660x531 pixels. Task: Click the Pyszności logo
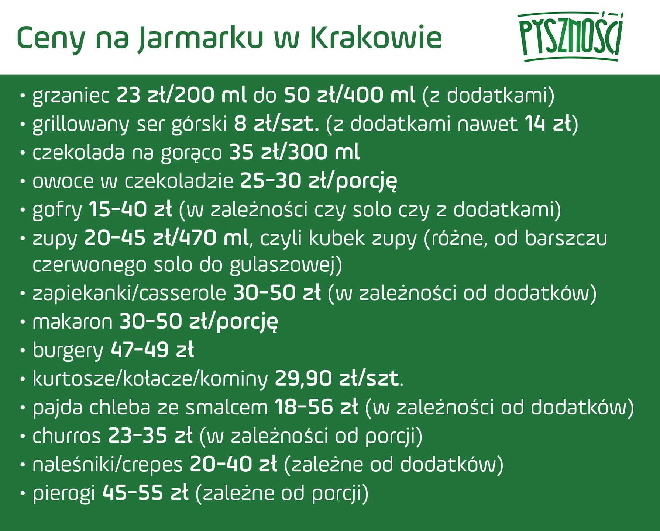coord(570,37)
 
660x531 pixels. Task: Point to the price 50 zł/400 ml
coord(350,95)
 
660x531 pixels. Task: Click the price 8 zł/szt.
coord(276,124)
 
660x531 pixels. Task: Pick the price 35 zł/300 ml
coord(294,152)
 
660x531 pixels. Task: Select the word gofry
coord(57,210)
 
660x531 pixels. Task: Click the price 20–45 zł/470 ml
coord(166,238)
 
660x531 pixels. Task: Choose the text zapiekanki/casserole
coord(129,294)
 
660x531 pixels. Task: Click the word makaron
coord(72,322)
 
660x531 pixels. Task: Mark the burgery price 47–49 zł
coord(152,350)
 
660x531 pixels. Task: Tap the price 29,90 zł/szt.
coord(337,379)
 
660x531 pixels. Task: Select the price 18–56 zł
coord(316,407)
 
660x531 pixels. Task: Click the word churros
coord(66,436)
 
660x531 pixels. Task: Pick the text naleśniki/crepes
coord(107,465)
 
